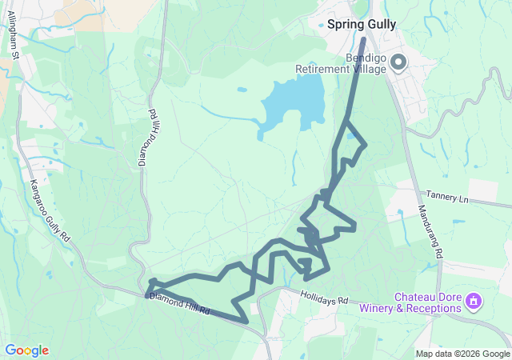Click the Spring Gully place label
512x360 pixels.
(x=362, y=24)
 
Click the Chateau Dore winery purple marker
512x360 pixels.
(x=474, y=302)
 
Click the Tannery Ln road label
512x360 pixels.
(x=446, y=195)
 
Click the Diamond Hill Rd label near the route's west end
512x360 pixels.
(x=179, y=303)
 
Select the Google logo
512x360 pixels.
(x=26, y=350)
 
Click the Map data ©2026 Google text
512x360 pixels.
(x=462, y=354)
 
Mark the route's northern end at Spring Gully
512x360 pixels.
(x=363, y=38)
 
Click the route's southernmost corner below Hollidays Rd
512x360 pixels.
(x=245, y=322)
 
